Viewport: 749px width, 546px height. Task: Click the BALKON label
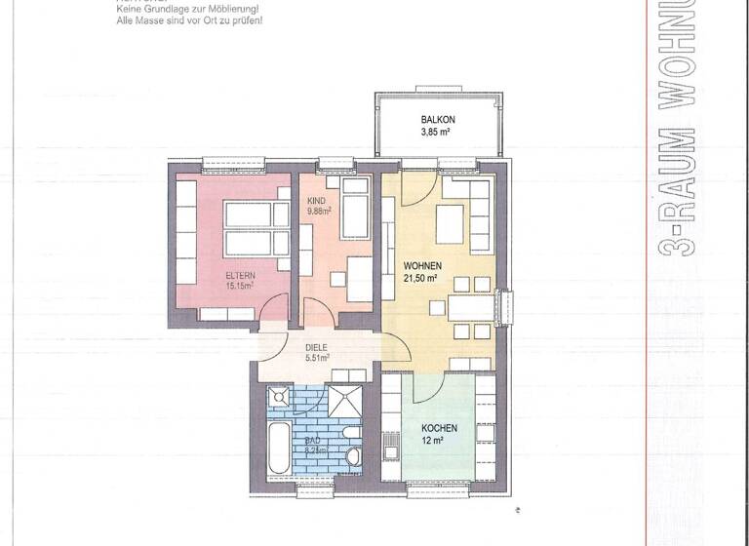[438, 120]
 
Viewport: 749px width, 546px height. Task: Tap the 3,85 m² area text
[438, 133]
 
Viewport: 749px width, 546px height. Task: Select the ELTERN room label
[240, 275]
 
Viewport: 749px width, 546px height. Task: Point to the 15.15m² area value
[240, 287]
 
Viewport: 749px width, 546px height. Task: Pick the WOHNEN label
[423, 265]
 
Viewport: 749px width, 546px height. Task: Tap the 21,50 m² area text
[423, 278]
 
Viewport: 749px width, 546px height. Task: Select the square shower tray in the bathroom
[342, 401]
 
